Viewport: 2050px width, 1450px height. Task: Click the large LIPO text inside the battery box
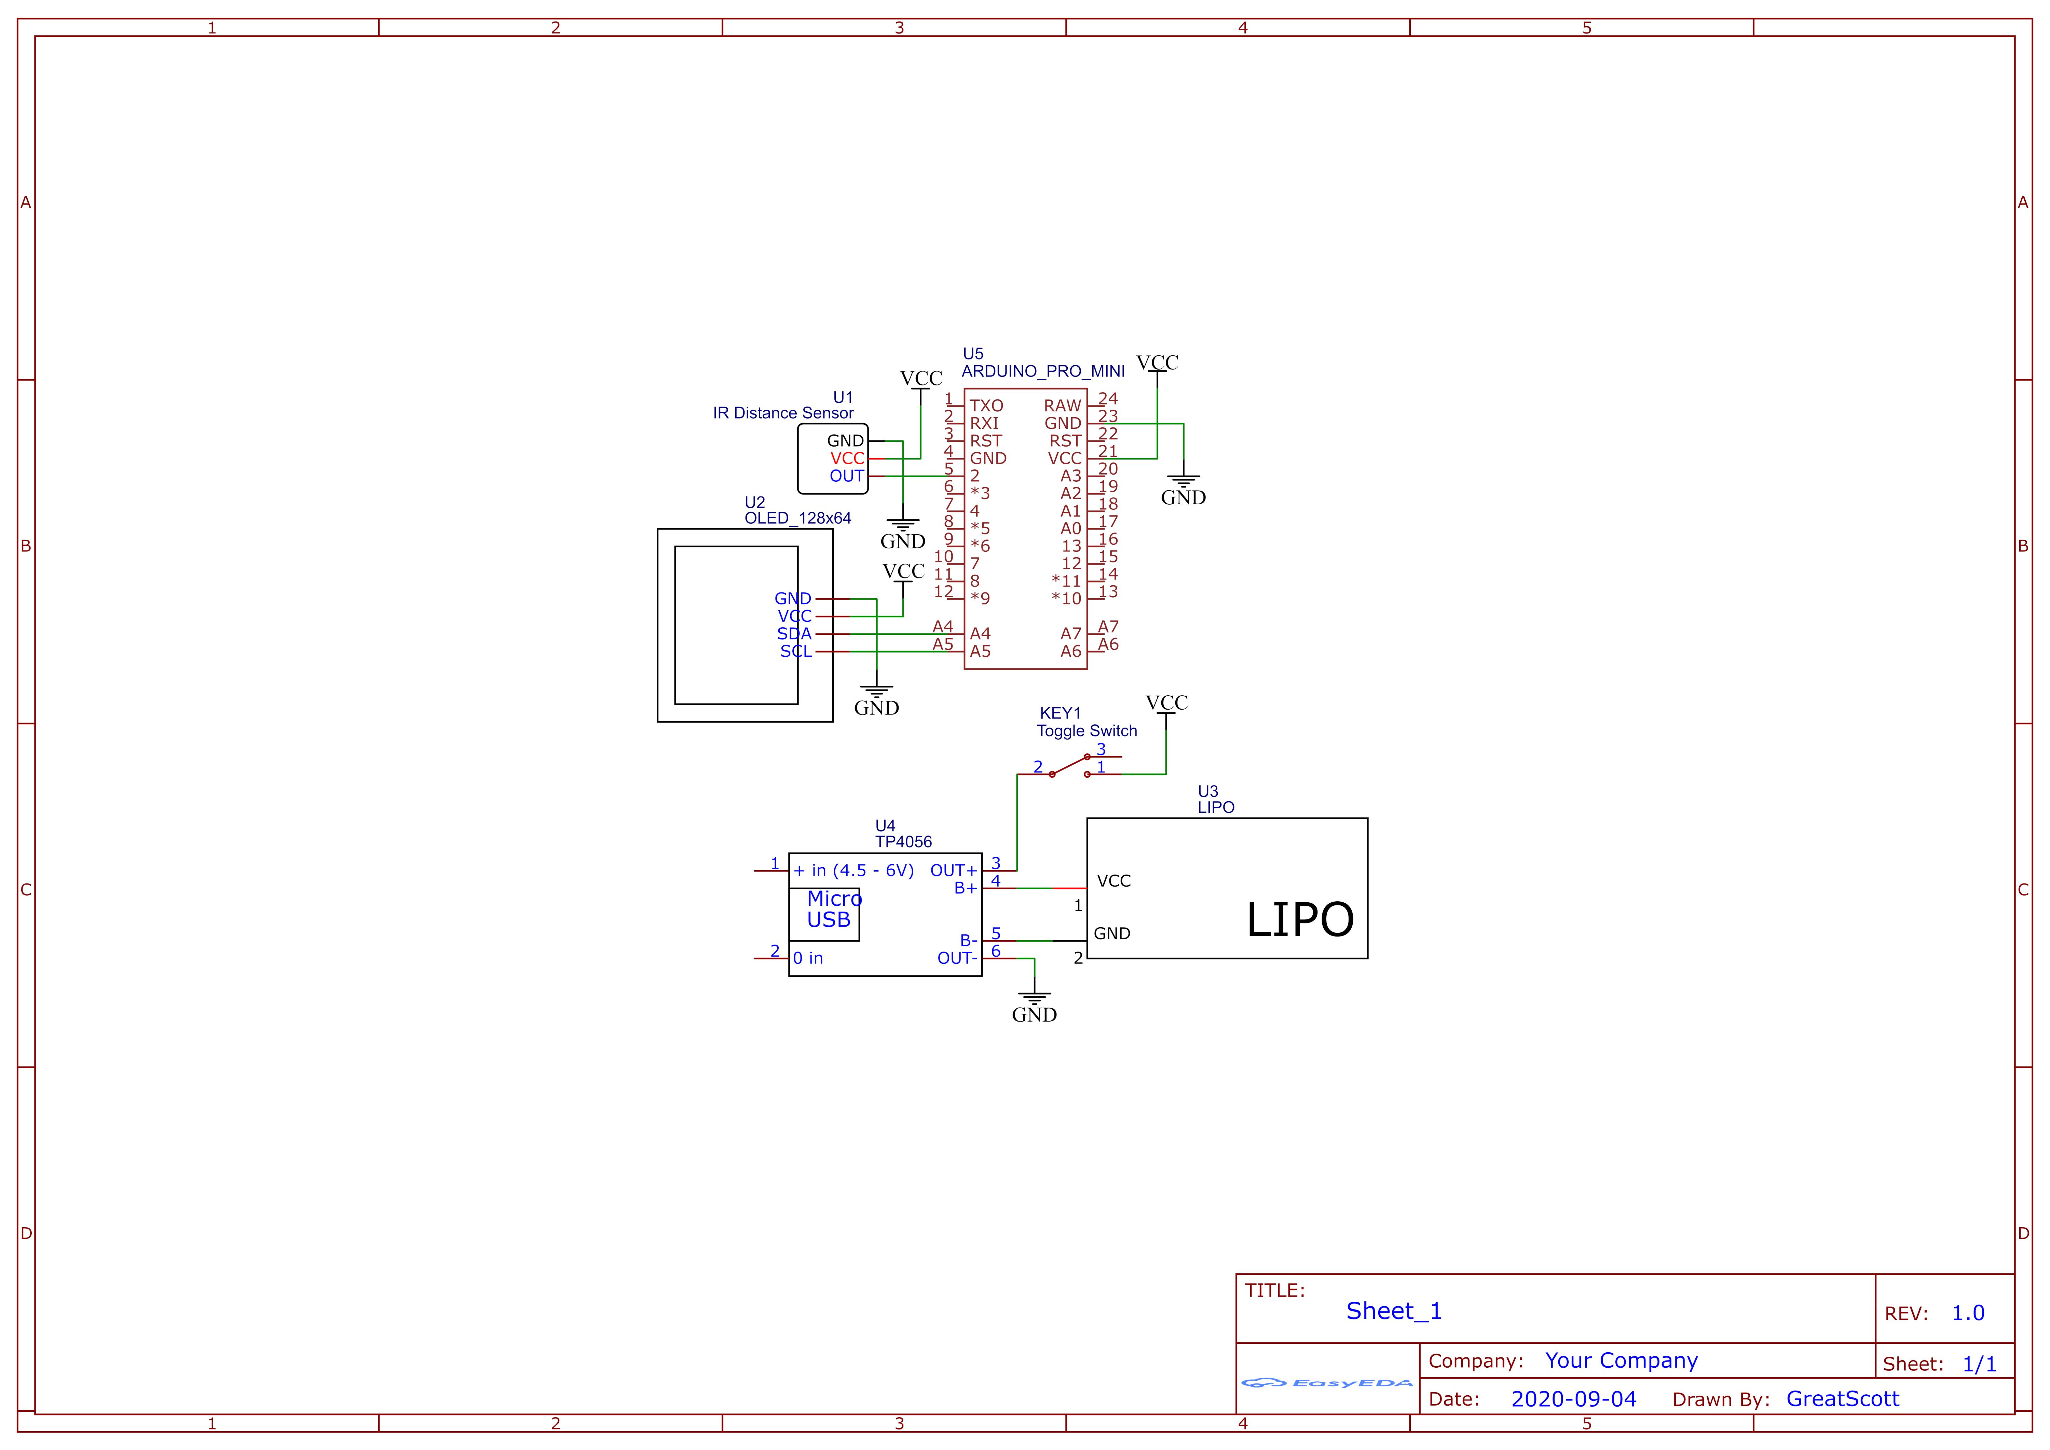1300,920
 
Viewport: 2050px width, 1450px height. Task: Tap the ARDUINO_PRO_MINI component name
1043,371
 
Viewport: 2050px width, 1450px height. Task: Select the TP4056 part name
904,842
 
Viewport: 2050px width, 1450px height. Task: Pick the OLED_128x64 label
797,518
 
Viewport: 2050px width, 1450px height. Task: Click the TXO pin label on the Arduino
987,405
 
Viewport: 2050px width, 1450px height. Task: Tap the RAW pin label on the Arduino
1063,405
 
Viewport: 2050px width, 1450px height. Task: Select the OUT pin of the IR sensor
846,476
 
